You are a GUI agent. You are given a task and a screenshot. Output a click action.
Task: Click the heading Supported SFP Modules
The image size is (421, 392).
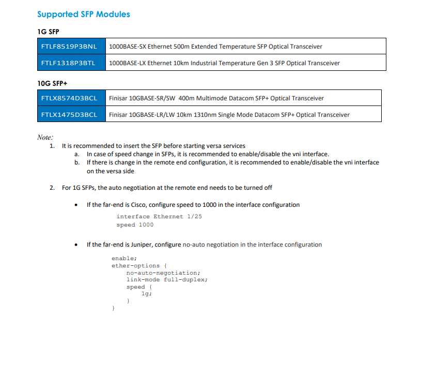tap(84, 14)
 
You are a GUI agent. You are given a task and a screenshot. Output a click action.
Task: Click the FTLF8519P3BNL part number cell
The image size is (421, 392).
tap(69, 47)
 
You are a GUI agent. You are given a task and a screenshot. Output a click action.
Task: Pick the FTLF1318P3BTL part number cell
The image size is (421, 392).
tap(69, 63)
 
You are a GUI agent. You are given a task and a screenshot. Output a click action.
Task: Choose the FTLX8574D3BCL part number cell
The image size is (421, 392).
tap(69, 98)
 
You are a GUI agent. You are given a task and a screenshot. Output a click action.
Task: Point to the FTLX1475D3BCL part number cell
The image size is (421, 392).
tap(69, 114)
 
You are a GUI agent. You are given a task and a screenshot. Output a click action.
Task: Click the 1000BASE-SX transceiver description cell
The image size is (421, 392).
tap(215, 47)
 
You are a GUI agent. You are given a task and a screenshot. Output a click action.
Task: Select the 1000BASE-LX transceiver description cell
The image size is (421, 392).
tap(224, 63)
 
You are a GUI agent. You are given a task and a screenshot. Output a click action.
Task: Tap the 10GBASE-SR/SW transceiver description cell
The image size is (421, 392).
tap(216, 98)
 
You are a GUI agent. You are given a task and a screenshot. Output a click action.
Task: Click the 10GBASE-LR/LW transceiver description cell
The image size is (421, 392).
tap(229, 114)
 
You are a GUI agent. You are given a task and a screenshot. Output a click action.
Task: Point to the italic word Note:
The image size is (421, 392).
tap(45, 137)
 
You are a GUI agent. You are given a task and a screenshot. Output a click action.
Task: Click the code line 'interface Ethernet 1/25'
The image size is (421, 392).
tap(159, 217)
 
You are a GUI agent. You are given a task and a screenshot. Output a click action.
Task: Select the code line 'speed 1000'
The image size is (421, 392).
tap(135, 225)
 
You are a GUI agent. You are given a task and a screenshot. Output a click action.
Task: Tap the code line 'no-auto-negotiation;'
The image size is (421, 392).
tap(163, 273)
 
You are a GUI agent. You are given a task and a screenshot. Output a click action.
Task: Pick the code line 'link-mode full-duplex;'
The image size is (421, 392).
tap(167, 280)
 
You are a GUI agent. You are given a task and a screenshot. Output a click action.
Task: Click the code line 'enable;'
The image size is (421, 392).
tap(124, 258)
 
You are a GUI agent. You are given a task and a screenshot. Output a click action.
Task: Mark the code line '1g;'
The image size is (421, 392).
tap(147, 294)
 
